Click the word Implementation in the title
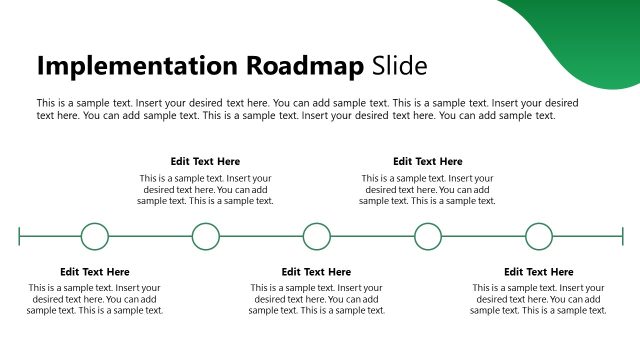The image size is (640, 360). (130, 66)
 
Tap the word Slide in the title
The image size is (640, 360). (399, 66)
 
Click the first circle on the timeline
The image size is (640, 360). (95, 237)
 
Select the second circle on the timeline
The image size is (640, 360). (206, 237)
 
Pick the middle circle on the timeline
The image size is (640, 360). (317, 237)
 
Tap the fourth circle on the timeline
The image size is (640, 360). (428, 237)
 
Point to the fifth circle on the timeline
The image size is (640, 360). (539, 237)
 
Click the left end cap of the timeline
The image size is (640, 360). (19, 237)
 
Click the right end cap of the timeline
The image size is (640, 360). (622, 237)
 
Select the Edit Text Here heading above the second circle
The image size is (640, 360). (205, 161)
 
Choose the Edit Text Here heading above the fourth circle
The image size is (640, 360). (428, 161)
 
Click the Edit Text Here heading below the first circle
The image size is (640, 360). (95, 272)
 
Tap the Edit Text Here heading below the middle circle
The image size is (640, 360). (317, 272)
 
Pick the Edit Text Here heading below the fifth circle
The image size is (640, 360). (539, 272)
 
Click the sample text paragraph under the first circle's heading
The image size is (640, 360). (95, 299)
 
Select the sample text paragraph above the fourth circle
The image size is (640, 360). (428, 189)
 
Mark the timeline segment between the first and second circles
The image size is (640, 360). (150, 237)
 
